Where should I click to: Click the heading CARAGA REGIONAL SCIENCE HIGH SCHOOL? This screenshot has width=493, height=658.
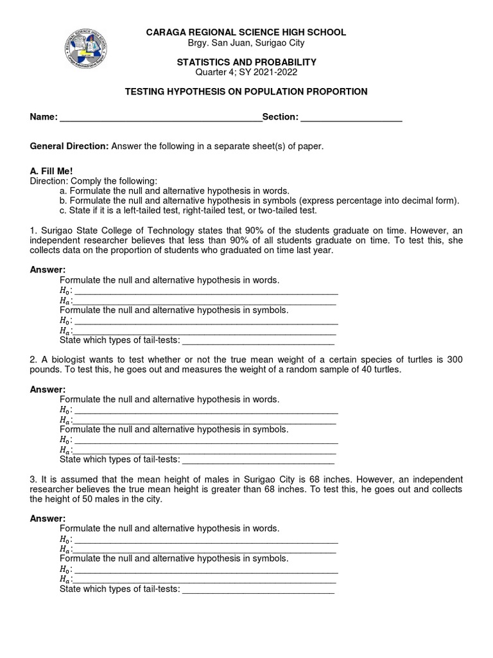pos(246,32)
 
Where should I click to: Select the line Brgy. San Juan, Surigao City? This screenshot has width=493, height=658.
pos(246,42)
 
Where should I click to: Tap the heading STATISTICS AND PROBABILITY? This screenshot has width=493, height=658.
pos(246,62)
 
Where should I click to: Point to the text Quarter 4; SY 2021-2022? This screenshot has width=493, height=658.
pos(246,72)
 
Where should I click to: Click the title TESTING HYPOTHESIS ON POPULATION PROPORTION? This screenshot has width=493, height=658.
pos(246,92)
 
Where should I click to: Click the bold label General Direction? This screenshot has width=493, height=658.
pos(69,147)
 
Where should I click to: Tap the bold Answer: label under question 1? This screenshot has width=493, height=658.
pos(48,270)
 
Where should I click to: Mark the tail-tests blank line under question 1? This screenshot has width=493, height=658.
pos(259,341)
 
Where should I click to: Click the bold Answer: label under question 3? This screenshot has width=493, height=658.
pos(48,519)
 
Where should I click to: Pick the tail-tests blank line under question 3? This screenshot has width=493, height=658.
pos(259,589)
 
